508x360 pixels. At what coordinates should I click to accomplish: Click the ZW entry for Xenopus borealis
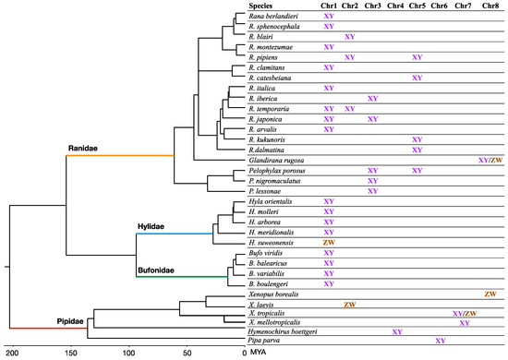[x=490, y=293]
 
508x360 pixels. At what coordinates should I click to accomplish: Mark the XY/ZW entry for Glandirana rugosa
[x=490, y=160]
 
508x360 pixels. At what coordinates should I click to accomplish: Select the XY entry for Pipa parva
[x=441, y=341]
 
